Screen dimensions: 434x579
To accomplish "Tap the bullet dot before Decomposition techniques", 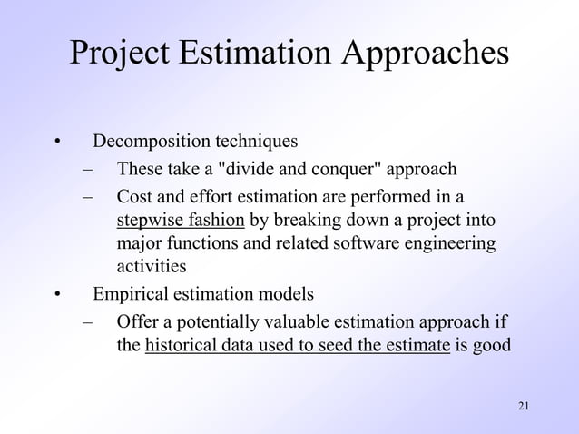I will [56, 143].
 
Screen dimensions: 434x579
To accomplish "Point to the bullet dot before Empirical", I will [56, 294].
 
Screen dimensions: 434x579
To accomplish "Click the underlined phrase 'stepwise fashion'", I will [181, 220].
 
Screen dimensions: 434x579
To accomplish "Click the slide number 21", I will [522, 405].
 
